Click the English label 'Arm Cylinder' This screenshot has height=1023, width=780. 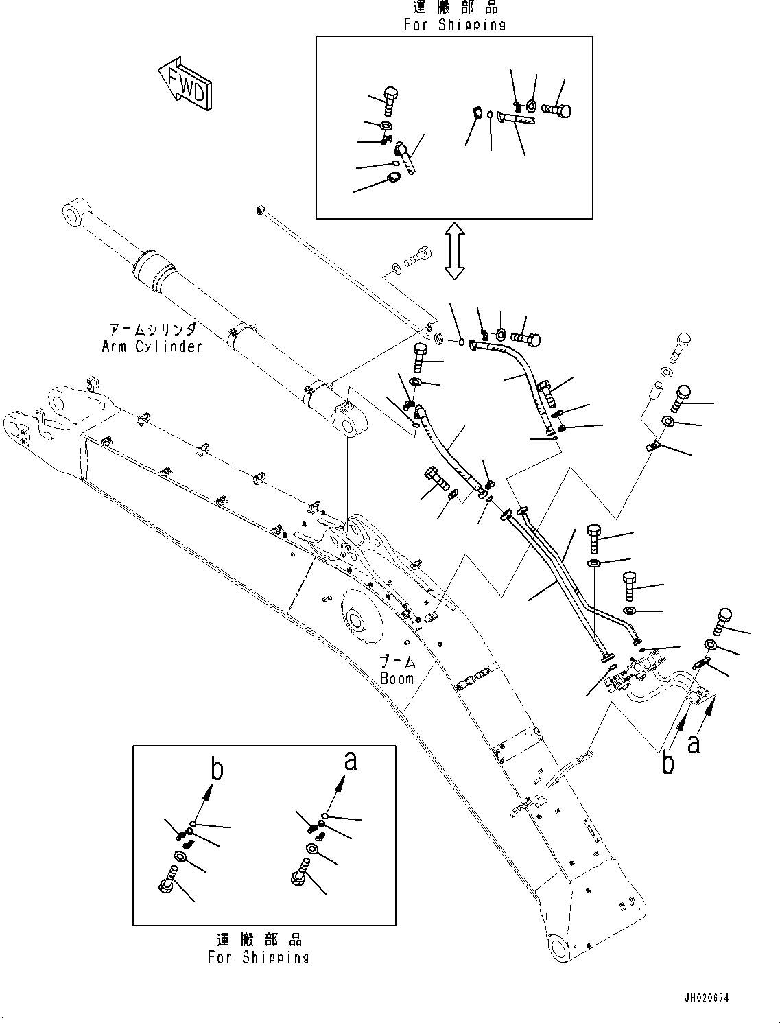tap(152, 346)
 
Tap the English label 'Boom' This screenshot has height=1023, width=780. tap(397, 678)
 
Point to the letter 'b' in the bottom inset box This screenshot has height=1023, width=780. tap(216, 771)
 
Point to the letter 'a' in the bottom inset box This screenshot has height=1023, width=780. tap(350, 761)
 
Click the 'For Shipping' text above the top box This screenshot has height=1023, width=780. tap(454, 25)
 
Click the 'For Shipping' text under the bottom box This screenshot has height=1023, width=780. tap(259, 957)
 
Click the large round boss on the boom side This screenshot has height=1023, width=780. tap(358, 621)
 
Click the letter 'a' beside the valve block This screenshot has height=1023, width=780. tap(694, 743)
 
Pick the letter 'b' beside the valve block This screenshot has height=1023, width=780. tap(668, 763)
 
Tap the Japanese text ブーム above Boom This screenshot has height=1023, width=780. tap(398, 661)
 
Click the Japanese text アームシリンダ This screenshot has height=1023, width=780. tap(152, 329)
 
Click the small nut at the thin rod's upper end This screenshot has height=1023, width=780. tap(260, 209)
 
